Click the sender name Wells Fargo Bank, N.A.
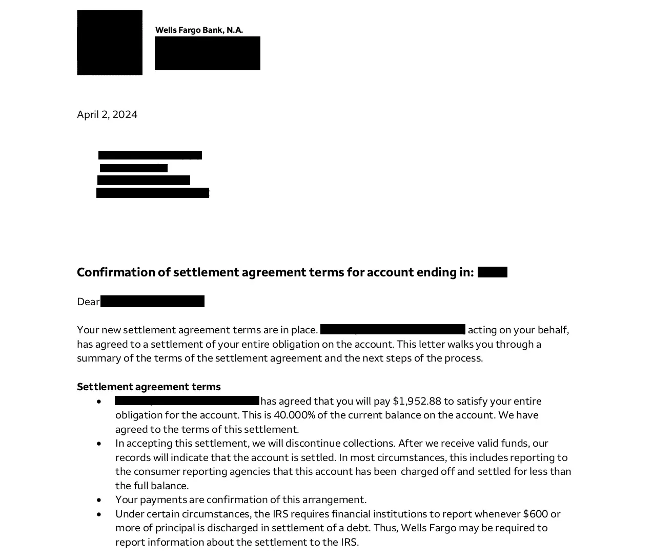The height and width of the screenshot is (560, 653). coord(199,30)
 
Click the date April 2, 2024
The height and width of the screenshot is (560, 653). coord(107,114)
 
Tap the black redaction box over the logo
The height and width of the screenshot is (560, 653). coord(110,43)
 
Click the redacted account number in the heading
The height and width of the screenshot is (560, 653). coord(492,272)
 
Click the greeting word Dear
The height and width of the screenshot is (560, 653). coord(88,302)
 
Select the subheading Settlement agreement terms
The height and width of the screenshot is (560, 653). coord(149,387)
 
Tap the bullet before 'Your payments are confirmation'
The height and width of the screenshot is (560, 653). coord(99,500)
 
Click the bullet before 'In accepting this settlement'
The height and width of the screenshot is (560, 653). coord(99,444)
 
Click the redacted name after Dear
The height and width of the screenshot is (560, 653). coord(152,302)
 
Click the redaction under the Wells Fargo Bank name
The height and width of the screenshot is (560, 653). coord(207,53)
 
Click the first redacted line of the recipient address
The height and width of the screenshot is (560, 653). coord(150,155)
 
